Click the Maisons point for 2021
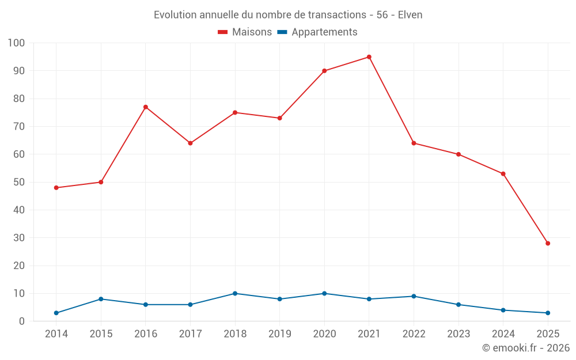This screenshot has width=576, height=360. (x=369, y=57)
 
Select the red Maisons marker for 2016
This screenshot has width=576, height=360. (x=146, y=107)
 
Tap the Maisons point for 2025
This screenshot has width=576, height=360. (x=548, y=243)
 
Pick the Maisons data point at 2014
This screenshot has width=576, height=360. (x=56, y=188)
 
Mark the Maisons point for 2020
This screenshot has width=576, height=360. (x=324, y=71)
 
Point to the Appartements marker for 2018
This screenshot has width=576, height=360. (x=235, y=293)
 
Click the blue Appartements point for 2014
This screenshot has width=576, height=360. (x=56, y=313)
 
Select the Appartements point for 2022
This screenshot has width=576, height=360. (x=414, y=296)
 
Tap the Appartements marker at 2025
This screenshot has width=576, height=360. (x=548, y=313)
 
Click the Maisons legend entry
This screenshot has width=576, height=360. (x=245, y=32)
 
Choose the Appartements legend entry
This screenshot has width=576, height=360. (x=317, y=32)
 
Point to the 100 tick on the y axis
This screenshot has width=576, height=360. (x=17, y=43)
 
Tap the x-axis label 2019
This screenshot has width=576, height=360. (x=279, y=334)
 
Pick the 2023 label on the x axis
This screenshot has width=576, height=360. (x=458, y=334)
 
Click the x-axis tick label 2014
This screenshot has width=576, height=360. (x=56, y=334)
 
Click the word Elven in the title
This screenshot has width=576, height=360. (x=410, y=15)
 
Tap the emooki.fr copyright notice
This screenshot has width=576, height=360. (x=526, y=348)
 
